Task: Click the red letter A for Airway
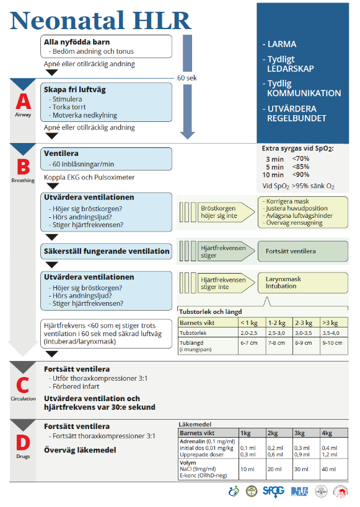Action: (x=23, y=102)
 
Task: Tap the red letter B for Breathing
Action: (x=23, y=167)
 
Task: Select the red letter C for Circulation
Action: (x=23, y=385)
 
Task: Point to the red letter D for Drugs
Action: (x=23, y=442)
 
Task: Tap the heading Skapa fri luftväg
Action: (x=75, y=90)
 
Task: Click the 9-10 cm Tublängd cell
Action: (x=333, y=342)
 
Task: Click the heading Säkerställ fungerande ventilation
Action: (x=106, y=251)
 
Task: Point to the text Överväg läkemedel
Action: (x=80, y=450)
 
